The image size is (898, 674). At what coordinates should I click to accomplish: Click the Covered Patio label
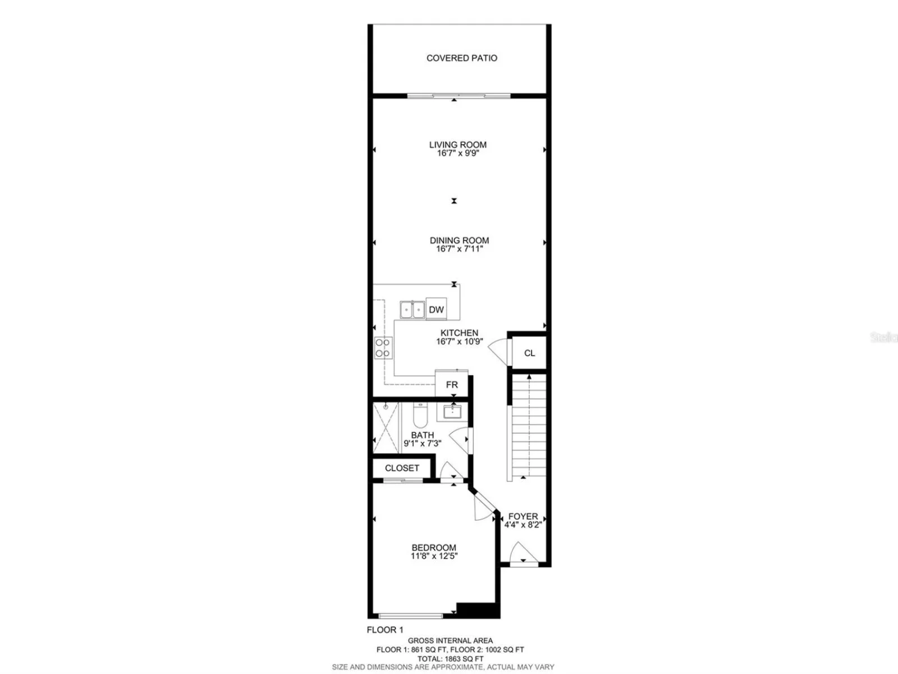coord(462,58)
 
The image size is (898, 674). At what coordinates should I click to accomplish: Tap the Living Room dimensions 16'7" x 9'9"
coord(458,153)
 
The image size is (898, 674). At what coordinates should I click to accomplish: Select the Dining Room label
coord(459,240)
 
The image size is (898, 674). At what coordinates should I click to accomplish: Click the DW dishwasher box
coord(436,309)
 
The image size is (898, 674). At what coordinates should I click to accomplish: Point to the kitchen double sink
coord(413,309)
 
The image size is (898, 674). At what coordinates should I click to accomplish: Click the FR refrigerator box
coord(452,384)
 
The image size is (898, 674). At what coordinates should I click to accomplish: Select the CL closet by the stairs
coord(529,353)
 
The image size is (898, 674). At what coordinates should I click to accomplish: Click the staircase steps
coord(529,425)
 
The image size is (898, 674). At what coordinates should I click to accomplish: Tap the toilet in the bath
coord(420,415)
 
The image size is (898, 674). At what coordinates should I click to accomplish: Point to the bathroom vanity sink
coord(452,412)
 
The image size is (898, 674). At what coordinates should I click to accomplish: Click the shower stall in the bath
coord(386,428)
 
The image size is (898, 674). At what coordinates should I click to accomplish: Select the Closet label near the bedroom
coord(402,468)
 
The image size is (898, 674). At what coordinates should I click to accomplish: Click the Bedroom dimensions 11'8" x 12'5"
coord(434,556)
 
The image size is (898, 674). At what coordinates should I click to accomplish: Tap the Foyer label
coord(523,516)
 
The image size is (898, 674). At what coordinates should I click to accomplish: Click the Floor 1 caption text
coord(385,630)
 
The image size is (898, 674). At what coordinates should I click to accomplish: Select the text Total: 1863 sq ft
coord(451,659)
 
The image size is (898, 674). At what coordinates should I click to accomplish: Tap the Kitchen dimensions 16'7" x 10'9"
coord(460,341)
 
